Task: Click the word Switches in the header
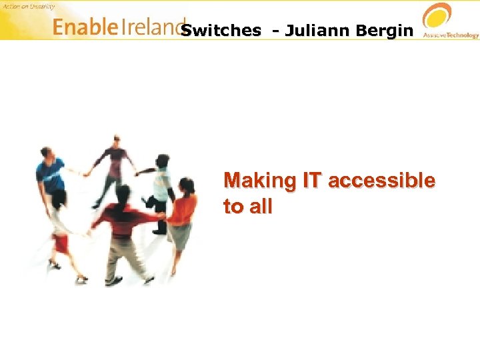(x=221, y=31)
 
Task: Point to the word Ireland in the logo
(x=150, y=27)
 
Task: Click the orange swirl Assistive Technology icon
(x=438, y=16)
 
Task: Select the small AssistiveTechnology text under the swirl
(x=451, y=35)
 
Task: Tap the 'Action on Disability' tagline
(x=28, y=7)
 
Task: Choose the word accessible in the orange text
(x=382, y=181)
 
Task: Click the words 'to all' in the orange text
(x=248, y=207)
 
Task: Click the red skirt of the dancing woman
(x=62, y=243)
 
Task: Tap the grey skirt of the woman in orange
(x=180, y=237)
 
